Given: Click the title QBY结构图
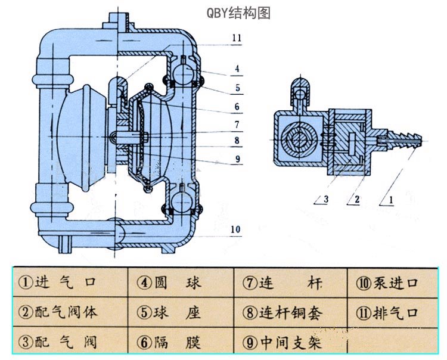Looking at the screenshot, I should (x=238, y=13).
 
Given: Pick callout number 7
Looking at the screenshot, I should (x=237, y=125).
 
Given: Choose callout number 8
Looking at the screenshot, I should (x=237, y=141).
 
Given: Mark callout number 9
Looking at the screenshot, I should (x=237, y=159).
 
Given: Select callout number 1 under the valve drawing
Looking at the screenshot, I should (x=391, y=201).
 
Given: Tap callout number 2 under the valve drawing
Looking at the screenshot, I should (x=356, y=201).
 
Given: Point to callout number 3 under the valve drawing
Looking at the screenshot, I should (x=325, y=201).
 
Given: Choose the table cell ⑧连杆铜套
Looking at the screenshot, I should (x=291, y=312).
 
